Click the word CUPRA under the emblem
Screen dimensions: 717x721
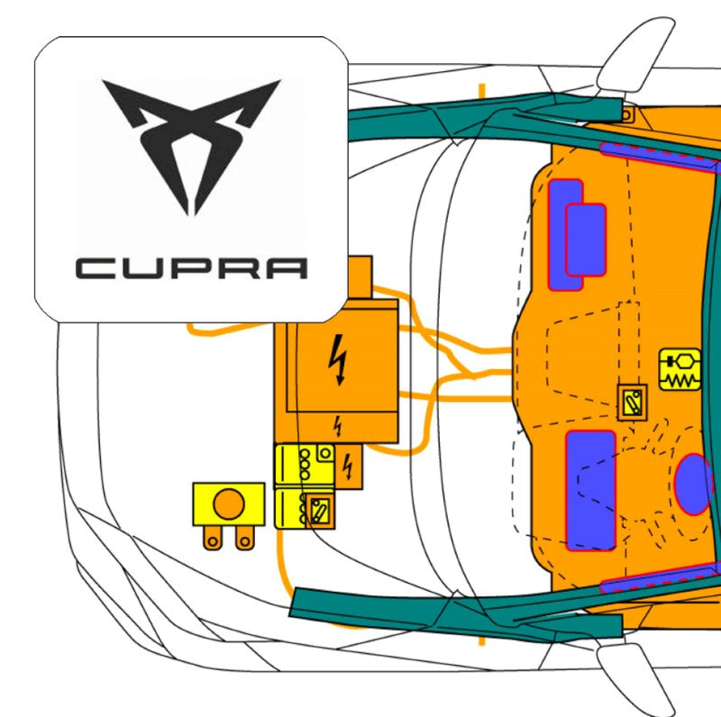[191, 268]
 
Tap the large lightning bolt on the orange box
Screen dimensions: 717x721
[340, 359]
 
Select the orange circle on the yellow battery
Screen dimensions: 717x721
[229, 504]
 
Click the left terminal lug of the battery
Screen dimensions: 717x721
[213, 538]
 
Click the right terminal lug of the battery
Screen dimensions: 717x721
[243, 538]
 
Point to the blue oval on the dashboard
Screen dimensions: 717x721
[693, 485]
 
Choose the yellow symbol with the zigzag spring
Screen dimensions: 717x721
[680, 369]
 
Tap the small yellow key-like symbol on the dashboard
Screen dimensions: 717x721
[633, 402]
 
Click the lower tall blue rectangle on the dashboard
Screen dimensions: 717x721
[591, 490]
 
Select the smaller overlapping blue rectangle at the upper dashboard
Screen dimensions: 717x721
[586, 240]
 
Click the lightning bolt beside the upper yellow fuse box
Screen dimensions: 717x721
[349, 467]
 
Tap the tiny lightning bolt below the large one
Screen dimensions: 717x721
[339, 422]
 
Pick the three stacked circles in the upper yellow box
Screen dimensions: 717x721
[305, 463]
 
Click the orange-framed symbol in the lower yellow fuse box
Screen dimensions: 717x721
[318, 512]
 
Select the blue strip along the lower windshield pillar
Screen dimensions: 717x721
[662, 576]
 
